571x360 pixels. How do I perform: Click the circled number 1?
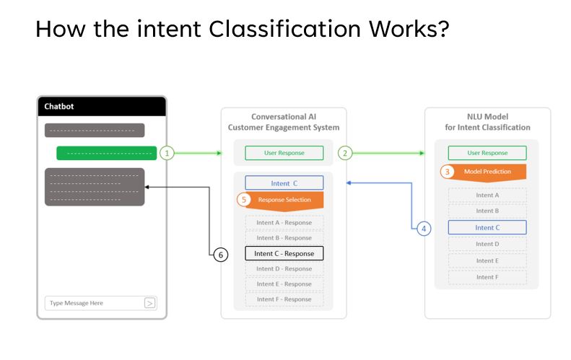[x=167, y=153]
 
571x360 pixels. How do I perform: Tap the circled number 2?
[x=345, y=153]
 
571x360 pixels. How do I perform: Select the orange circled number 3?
[x=448, y=172]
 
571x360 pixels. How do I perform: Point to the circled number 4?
[x=424, y=228]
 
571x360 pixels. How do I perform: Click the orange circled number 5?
[x=245, y=199]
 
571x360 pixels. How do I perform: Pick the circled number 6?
[x=221, y=254]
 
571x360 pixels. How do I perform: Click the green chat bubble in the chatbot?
[x=106, y=153]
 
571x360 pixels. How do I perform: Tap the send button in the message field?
[x=150, y=303]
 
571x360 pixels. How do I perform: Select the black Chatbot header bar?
[x=102, y=106]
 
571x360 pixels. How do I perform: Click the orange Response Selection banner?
[x=284, y=200]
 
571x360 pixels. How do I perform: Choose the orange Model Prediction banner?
[x=487, y=172]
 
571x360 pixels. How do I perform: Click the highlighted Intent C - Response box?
[x=284, y=253]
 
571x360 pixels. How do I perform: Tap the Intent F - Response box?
[x=284, y=299]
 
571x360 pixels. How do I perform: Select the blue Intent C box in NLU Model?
[x=487, y=227]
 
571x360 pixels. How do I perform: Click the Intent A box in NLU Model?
[x=487, y=195]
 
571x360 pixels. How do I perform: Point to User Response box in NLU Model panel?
[x=487, y=153]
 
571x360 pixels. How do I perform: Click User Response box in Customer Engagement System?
[x=284, y=153]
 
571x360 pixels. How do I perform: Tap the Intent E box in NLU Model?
[x=487, y=260]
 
